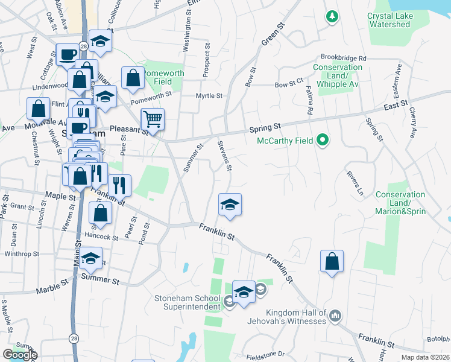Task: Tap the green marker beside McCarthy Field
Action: (323, 141)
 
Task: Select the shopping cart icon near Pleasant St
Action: (153, 119)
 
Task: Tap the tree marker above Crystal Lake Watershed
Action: (331, 16)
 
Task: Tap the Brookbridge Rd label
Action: (344, 58)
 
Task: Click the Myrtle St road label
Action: (209, 96)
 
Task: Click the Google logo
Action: (20, 355)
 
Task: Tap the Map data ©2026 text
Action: (426, 357)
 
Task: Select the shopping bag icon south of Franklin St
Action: (331, 261)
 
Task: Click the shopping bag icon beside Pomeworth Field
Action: (133, 77)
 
